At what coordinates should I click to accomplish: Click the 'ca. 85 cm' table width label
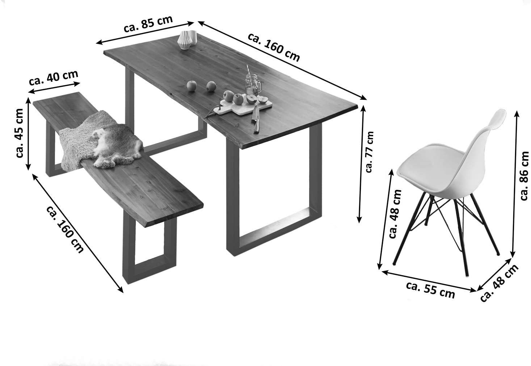[x=148, y=24]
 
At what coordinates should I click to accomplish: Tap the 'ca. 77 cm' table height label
[x=370, y=152]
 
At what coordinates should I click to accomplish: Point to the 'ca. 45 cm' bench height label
[x=19, y=133]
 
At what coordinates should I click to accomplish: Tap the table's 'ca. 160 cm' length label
[x=274, y=47]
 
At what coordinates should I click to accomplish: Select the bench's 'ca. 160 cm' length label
[x=65, y=229]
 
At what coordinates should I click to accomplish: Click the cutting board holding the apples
[x=243, y=107]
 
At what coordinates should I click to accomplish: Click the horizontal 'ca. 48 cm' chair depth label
[x=499, y=284]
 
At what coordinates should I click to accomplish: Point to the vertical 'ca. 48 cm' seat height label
[x=395, y=214]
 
